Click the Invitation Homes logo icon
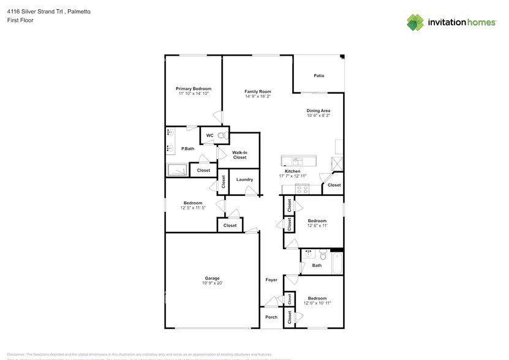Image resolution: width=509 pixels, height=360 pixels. (x=415, y=22)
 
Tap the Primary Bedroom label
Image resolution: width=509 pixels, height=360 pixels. (x=194, y=89)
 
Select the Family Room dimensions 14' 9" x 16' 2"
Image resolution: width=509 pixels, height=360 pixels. (x=258, y=96)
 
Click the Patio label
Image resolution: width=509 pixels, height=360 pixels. (x=319, y=76)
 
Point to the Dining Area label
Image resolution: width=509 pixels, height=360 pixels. (x=319, y=110)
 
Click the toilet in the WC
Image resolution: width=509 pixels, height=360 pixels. (x=223, y=135)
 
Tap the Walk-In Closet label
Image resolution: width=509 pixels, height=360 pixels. (x=239, y=155)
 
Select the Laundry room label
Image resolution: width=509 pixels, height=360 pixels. (x=244, y=179)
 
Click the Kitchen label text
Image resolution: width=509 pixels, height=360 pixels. (x=301, y=171)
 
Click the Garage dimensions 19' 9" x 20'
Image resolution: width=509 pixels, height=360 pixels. (x=212, y=283)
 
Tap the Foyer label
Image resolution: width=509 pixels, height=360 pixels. (x=271, y=280)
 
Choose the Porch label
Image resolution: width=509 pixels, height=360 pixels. (x=271, y=317)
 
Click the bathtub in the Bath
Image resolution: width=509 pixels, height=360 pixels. (x=336, y=264)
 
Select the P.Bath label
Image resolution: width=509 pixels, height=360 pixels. (x=187, y=149)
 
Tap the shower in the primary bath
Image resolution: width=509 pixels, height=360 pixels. (x=177, y=170)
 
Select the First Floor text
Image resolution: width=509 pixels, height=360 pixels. (x=20, y=20)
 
